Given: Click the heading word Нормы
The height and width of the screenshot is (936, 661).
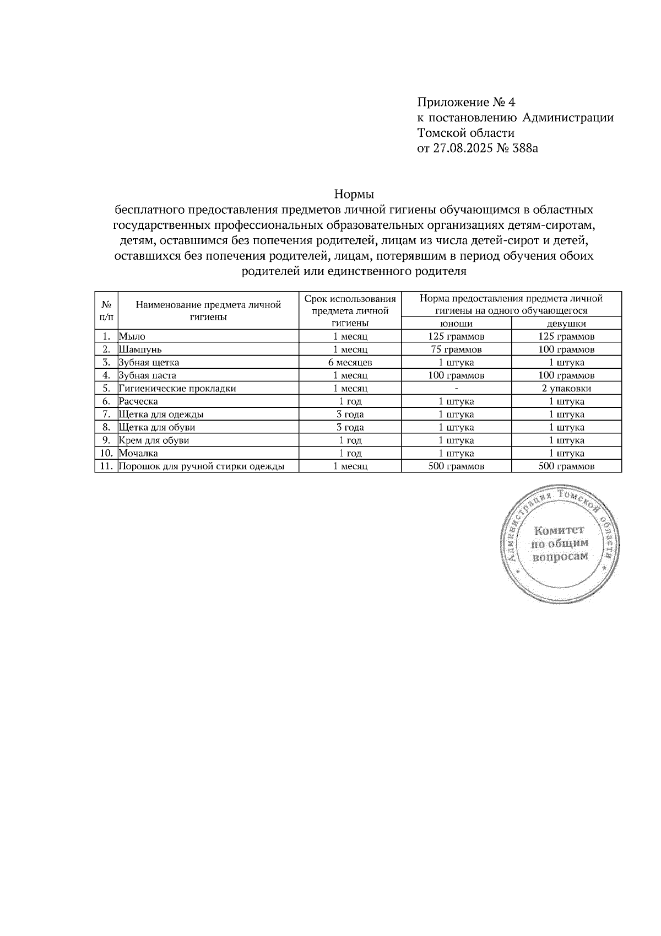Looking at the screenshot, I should (x=354, y=195).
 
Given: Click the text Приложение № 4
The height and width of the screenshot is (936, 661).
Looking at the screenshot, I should (x=466, y=103).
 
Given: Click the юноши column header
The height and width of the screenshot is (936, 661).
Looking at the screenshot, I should (x=456, y=324).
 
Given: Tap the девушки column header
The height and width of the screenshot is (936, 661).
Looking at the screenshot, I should (x=566, y=324).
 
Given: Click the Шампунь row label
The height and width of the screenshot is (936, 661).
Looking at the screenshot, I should (x=140, y=349).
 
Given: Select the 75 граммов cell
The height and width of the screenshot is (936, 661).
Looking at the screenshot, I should (x=456, y=349).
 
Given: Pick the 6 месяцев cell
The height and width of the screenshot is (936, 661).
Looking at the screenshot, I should (x=350, y=362).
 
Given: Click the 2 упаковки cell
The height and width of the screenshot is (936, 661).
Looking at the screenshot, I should (x=566, y=388).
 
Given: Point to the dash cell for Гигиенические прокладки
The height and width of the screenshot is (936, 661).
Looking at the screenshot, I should (x=456, y=388).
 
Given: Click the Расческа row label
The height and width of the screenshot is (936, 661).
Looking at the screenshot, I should (x=139, y=401).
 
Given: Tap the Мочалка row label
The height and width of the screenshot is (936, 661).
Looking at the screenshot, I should (x=139, y=453).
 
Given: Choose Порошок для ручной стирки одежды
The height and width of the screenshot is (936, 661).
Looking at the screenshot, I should (x=202, y=466).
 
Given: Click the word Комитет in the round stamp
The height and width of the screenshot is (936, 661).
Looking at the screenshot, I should (x=559, y=530).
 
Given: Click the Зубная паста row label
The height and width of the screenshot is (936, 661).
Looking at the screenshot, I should (x=148, y=375).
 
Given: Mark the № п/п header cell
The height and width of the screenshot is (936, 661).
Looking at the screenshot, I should (x=107, y=310).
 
